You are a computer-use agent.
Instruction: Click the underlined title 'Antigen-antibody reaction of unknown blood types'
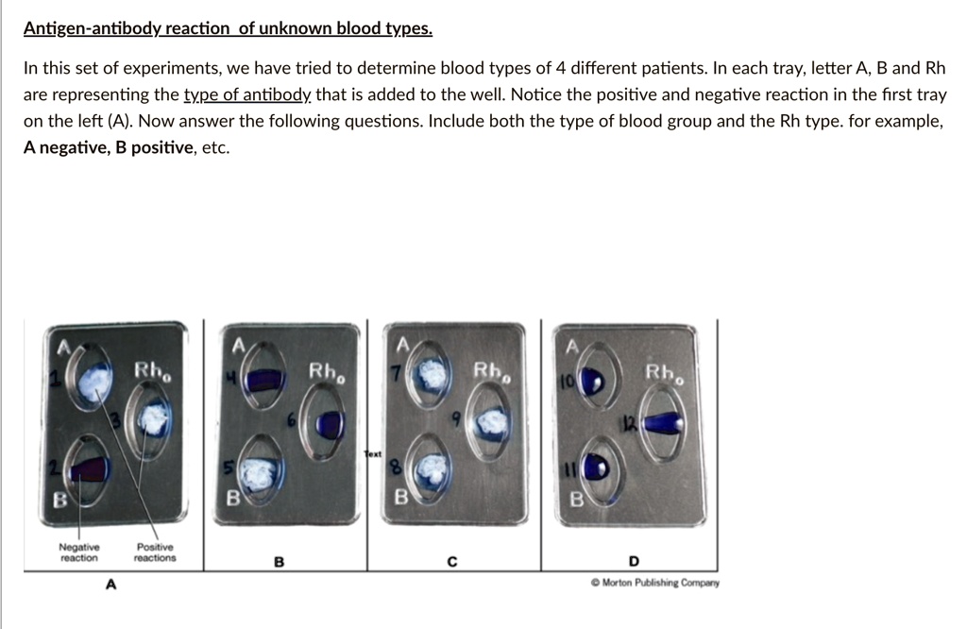click(228, 28)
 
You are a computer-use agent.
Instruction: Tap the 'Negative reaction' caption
click(78, 552)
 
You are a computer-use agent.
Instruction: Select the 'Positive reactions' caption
click(155, 552)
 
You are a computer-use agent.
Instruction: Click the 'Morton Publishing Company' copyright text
click(654, 583)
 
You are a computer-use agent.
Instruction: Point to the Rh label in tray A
click(151, 371)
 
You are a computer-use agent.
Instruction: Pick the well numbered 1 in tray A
click(93, 382)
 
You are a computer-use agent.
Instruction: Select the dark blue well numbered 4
click(263, 382)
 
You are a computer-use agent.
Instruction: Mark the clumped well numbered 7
click(433, 376)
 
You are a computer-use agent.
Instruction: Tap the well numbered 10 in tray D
click(593, 381)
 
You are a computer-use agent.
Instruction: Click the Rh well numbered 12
click(665, 426)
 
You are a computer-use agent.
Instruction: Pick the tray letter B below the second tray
click(278, 563)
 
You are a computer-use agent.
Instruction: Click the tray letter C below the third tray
click(452, 563)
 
